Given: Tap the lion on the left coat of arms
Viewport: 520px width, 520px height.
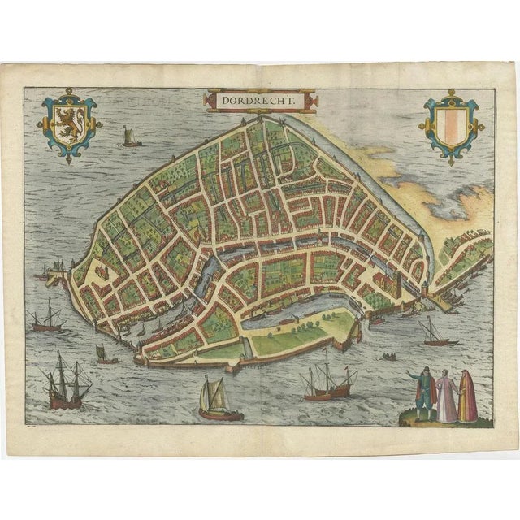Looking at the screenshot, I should coord(69,123).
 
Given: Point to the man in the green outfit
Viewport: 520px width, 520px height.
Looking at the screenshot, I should coord(422,394).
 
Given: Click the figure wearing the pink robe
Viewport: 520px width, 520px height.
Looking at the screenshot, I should coord(446,396).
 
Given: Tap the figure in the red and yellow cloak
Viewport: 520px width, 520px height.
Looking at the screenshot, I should coord(467,396).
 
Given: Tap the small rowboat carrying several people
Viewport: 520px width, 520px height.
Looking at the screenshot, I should coord(390,356).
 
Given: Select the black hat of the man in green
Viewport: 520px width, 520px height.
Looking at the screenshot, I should coord(422,371).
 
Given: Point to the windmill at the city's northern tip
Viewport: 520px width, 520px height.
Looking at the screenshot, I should coord(262,121).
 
